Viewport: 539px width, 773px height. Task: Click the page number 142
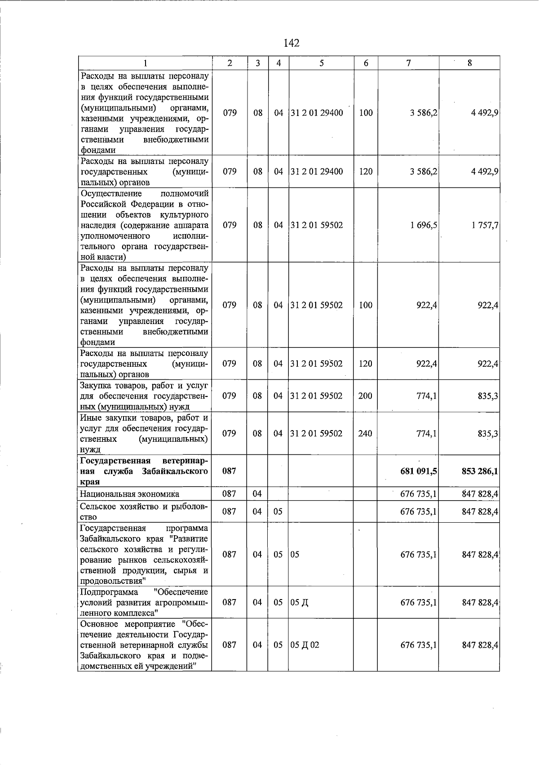pos(292,43)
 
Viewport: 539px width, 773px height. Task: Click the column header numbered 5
pos(322,63)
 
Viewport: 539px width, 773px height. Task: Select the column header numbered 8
pos(469,63)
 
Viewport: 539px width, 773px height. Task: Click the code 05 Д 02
pos(305,644)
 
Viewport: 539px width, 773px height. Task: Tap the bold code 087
pos(230,471)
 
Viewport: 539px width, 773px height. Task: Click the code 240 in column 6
pos(365,434)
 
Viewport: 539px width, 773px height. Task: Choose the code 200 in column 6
pos(365,396)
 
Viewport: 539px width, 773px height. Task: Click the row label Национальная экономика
pos(129,494)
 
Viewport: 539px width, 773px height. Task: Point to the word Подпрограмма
pos(109,592)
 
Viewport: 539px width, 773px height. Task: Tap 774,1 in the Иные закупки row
pos(427,434)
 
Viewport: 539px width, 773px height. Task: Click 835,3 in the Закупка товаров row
pos(488,396)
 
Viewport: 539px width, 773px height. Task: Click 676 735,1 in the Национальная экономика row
pos(418,494)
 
